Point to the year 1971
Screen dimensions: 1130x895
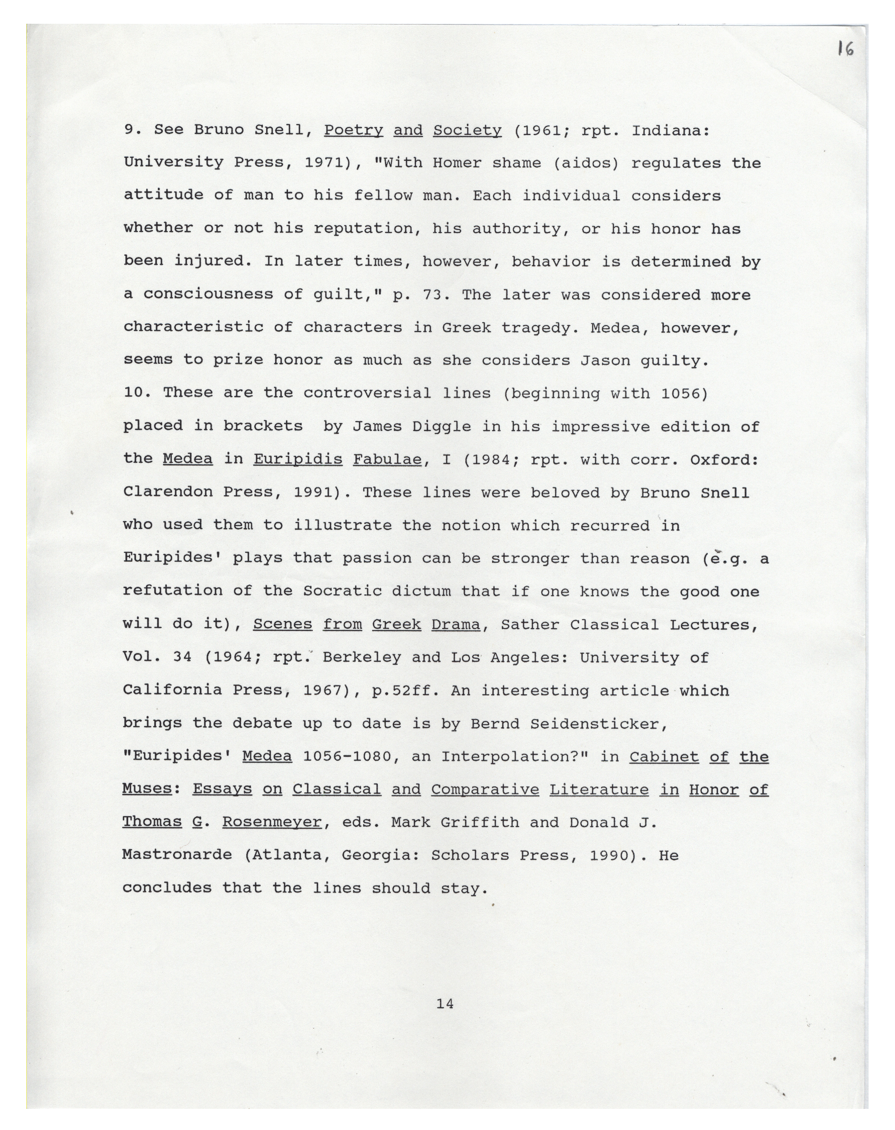click(x=323, y=163)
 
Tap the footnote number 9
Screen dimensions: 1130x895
click(x=129, y=130)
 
